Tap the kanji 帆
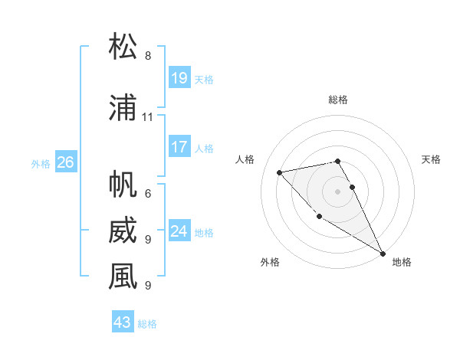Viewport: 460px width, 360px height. click(x=123, y=185)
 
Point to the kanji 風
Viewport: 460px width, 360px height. click(x=123, y=277)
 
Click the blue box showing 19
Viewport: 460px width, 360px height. click(x=179, y=77)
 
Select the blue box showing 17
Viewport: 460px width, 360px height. click(x=179, y=147)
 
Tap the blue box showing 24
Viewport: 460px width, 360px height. click(x=179, y=231)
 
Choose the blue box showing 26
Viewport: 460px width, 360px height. click(x=65, y=162)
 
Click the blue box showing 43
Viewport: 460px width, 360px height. click(x=123, y=322)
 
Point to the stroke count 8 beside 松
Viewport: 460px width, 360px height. click(x=148, y=56)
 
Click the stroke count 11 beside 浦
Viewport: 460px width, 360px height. click(x=148, y=117)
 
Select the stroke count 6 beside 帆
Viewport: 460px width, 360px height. click(x=148, y=194)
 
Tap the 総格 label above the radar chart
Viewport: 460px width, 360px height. click(x=338, y=100)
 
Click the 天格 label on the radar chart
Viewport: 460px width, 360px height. click(x=431, y=159)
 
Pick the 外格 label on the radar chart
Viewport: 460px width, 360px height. click(x=270, y=263)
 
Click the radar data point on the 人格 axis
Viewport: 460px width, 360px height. click(x=280, y=172)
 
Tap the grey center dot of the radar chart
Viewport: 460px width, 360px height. click(x=338, y=191)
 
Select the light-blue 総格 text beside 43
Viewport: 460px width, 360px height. click(x=147, y=324)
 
